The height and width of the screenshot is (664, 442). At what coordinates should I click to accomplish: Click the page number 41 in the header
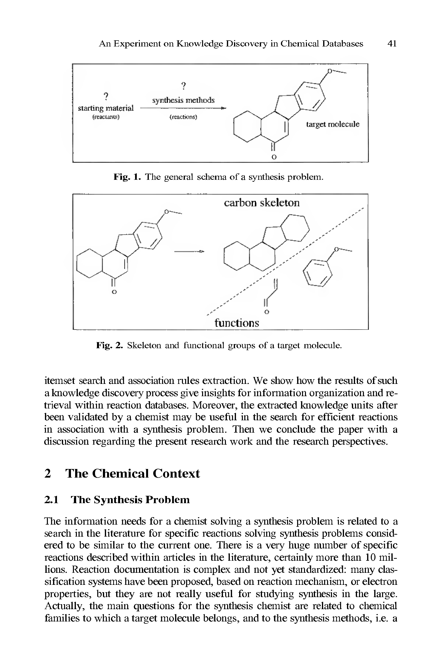pos(392,44)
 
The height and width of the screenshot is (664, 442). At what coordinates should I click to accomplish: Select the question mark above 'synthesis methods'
pos(183,86)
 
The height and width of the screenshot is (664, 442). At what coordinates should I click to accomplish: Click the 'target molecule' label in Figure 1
pos(333,124)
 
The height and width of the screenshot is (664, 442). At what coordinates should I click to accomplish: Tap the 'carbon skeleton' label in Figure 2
pos(262,203)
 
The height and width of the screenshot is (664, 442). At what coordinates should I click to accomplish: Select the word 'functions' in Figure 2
pos(237,322)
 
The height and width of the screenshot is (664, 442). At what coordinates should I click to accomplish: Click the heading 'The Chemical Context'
pos(133,473)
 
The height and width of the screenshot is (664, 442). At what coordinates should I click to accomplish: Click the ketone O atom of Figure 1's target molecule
pos(273,157)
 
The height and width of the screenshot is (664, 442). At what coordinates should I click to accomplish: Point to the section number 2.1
pos(52,500)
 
